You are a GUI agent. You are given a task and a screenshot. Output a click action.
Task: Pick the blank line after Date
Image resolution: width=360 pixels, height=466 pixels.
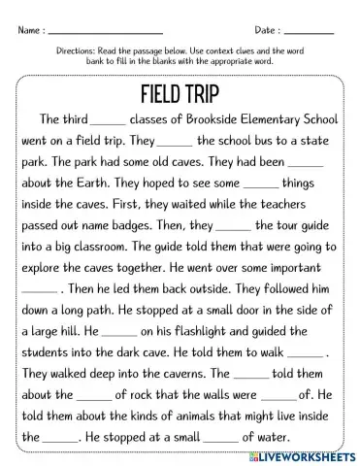(x=311, y=32)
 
